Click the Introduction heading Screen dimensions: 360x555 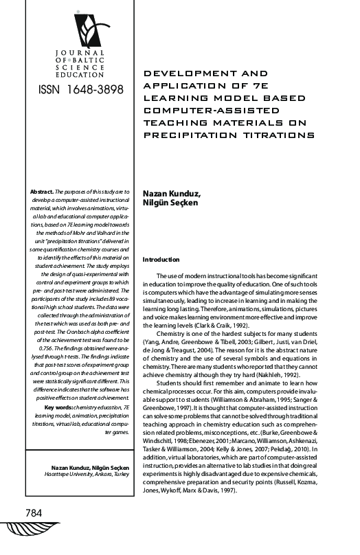click(x=160, y=260)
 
